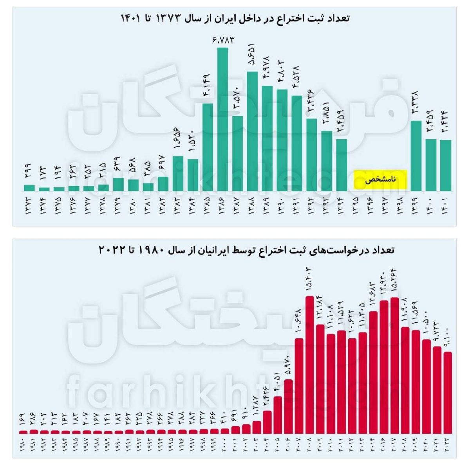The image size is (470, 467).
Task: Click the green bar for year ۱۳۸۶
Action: click(223, 119)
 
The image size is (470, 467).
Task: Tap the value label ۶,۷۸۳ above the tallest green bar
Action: click(223, 40)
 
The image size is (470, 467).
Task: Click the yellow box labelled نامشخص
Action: click(381, 180)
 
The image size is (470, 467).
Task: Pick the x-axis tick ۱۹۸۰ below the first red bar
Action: click(23, 446)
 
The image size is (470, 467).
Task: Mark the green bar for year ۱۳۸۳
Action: click(178, 173)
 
